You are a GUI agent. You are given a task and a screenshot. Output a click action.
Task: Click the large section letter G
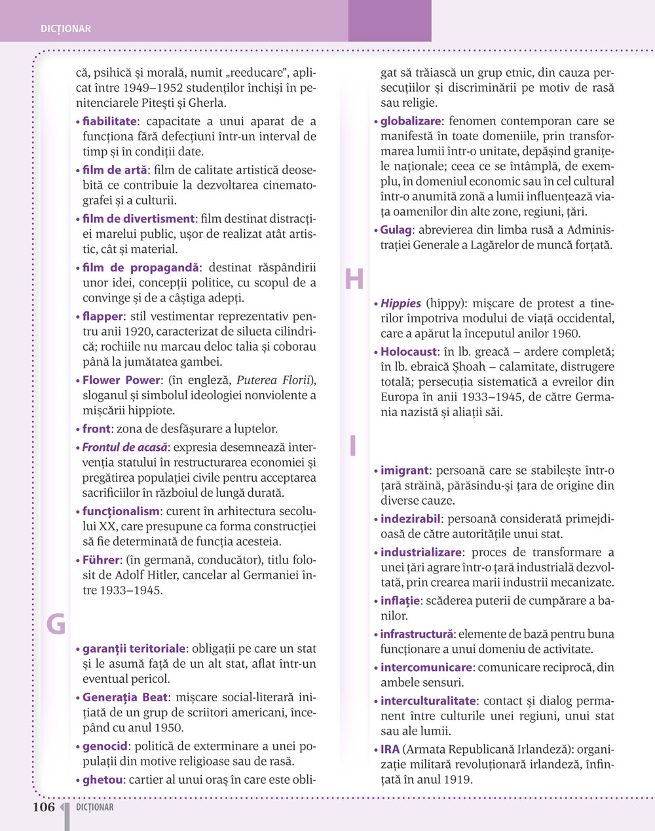[x=56, y=624]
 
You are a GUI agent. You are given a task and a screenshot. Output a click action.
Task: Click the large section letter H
[x=354, y=280]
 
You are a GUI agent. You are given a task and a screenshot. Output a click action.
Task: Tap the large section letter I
[x=353, y=446]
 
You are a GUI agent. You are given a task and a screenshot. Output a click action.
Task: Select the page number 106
[x=44, y=807]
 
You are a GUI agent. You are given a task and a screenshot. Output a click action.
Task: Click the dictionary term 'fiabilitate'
[x=109, y=121]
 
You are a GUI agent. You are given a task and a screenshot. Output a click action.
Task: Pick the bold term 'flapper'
[x=102, y=317]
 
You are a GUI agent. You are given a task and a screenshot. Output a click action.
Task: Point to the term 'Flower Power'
[x=121, y=380]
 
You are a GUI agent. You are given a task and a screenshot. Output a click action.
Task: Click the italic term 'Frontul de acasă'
[x=124, y=447]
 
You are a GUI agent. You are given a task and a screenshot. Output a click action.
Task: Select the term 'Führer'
[x=101, y=560]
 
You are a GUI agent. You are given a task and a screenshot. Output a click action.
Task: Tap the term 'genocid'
[x=105, y=746]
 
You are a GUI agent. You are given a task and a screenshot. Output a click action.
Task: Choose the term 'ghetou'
[x=103, y=780]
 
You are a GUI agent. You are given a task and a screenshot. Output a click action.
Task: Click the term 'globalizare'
[x=411, y=121]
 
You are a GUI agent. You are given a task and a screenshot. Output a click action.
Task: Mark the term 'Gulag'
[x=396, y=230]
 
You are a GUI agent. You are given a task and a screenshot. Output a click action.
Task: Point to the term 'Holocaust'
[x=409, y=352]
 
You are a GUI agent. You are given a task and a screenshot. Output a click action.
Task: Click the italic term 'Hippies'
[x=401, y=303]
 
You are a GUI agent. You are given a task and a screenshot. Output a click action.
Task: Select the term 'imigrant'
[x=405, y=471]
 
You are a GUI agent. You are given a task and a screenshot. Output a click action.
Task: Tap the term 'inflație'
[x=400, y=600]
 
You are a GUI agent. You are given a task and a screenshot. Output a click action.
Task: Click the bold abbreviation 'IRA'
[x=390, y=749]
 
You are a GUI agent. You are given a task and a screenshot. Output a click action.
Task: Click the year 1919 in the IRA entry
[x=459, y=779]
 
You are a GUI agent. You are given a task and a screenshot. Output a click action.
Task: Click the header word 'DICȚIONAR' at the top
[x=65, y=29]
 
